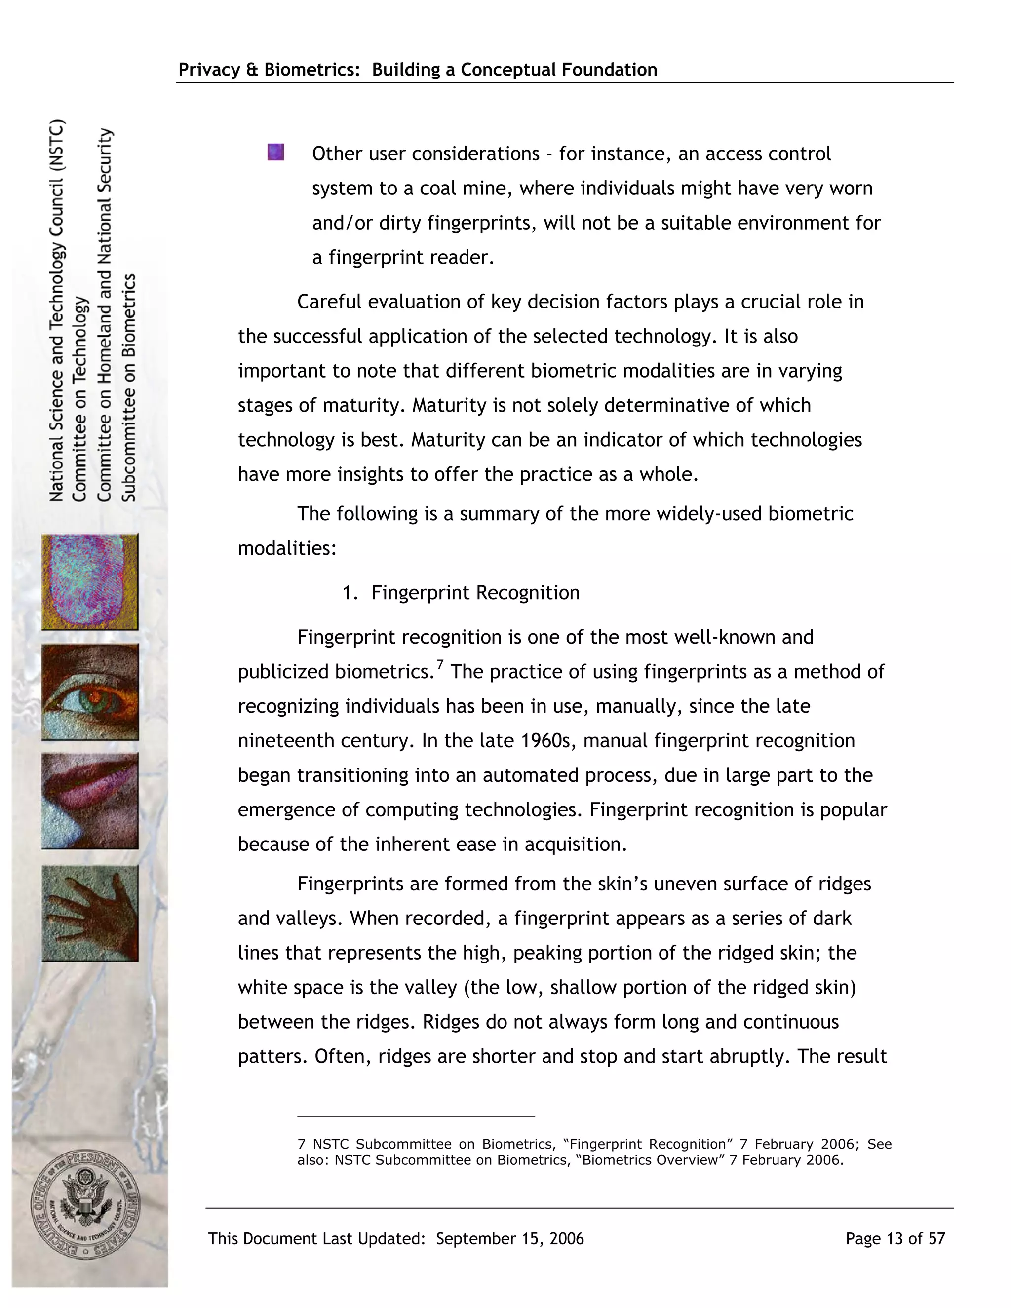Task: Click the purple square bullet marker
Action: tap(275, 152)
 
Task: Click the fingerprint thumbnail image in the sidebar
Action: tap(90, 581)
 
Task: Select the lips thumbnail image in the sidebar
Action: tap(90, 801)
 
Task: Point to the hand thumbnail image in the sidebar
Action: tap(90, 913)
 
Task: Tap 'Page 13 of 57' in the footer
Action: tap(895, 1238)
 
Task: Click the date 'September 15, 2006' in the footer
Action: tap(509, 1238)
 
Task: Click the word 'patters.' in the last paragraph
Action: tap(272, 1056)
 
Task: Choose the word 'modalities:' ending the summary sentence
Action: tap(287, 548)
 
